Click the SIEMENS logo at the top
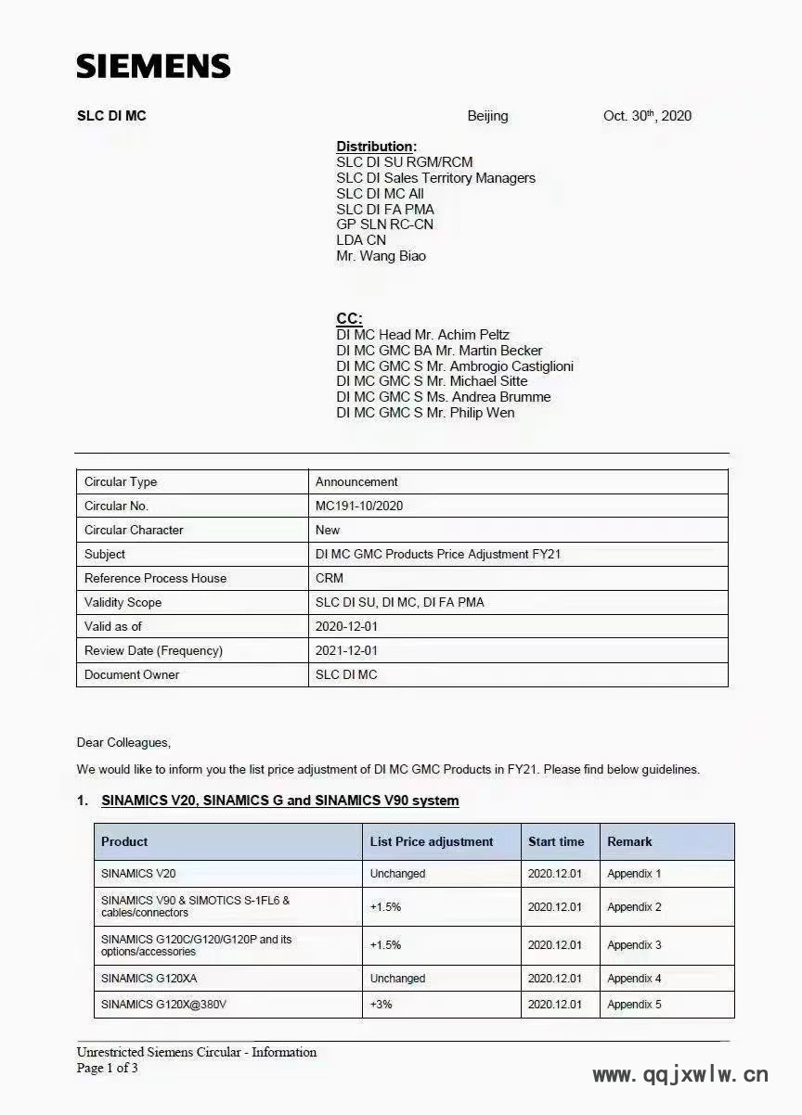pyautogui.click(x=153, y=66)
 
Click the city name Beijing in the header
pyautogui.click(x=487, y=116)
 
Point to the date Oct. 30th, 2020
pyautogui.click(x=647, y=116)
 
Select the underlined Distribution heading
pyautogui.click(x=376, y=147)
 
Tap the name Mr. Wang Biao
pyautogui.click(x=381, y=256)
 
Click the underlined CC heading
pyautogui.click(x=349, y=318)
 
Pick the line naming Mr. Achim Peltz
pyautogui.click(x=422, y=335)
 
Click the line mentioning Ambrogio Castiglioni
pyautogui.click(x=455, y=366)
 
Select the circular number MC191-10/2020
pyautogui.click(x=359, y=506)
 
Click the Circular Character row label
pyautogui.click(x=134, y=530)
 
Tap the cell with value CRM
pyautogui.click(x=329, y=578)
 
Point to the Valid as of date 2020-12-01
pyautogui.click(x=346, y=626)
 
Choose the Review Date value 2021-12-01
pyautogui.click(x=346, y=650)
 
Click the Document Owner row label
pyautogui.click(x=132, y=674)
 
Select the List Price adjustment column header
pyautogui.click(x=432, y=841)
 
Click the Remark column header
pyautogui.click(x=629, y=841)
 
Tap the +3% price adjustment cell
pyautogui.click(x=381, y=1005)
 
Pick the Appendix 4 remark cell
pyautogui.click(x=634, y=979)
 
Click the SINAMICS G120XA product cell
pyautogui.click(x=149, y=979)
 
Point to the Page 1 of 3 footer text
pyautogui.click(x=107, y=1068)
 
